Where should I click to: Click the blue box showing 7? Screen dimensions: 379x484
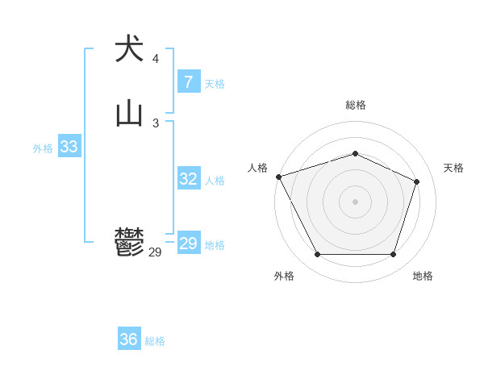pyautogui.click(x=188, y=82)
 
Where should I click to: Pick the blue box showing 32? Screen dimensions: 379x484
pyautogui.click(x=188, y=179)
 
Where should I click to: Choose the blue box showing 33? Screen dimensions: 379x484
pyautogui.click(x=69, y=147)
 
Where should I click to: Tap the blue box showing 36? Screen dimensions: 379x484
pyautogui.click(x=129, y=339)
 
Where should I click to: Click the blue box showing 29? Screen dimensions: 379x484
pyautogui.click(x=188, y=244)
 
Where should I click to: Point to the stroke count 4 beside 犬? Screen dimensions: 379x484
pyautogui.click(x=155, y=59)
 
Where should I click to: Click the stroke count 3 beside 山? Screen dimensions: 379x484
pyautogui.click(x=155, y=123)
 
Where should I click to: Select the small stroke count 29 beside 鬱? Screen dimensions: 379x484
pyautogui.click(x=155, y=252)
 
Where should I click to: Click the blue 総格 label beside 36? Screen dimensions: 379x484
pyautogui.click(x=155, y=341)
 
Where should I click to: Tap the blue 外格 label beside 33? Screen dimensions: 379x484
pyautogui.click(x=43, y=148)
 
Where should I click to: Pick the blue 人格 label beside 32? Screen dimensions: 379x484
pyautogui.click(x=215, y=181)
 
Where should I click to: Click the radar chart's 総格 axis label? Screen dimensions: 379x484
pyautogui.click(x=355, y=105)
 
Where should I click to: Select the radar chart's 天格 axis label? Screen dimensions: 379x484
pyautogui.click(x=453, y=168)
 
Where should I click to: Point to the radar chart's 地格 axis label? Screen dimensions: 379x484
pyautogui.click(x=423, y=276)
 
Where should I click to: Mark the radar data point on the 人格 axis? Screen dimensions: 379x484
pyautogui.click(x=278, y=177)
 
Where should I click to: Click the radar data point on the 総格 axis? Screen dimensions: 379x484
pyautogui.click(x=355, y=153)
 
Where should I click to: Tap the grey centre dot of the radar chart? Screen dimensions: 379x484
pyautogui.click(x=355, y=201)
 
